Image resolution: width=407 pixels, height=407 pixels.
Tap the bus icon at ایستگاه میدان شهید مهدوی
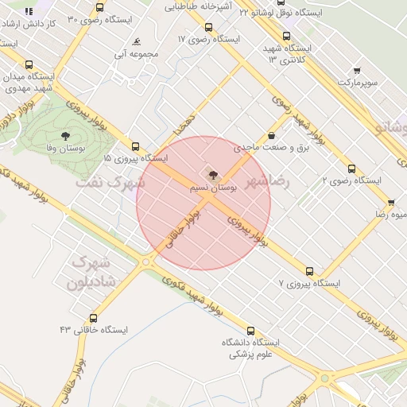pos(30,65)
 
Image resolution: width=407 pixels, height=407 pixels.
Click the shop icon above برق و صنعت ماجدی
pos(273,136)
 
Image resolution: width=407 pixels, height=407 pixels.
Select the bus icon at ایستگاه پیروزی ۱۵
pos(135,147)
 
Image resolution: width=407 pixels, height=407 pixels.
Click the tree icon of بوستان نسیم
pos(212,175)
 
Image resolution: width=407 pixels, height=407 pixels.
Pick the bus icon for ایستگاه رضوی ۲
pos(351,169)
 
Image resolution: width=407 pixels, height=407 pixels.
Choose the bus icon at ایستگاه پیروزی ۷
pos(309,270)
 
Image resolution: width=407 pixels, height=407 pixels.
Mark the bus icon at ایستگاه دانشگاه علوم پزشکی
pos(250,331)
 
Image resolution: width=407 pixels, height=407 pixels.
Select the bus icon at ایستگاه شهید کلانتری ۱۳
pos(286,36)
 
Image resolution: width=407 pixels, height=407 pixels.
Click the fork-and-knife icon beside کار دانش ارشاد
pos(29,13)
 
